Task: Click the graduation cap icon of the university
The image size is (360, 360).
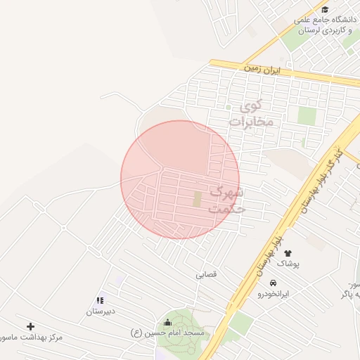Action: tap(325, 10)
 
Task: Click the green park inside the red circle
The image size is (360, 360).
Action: tap(198, 199)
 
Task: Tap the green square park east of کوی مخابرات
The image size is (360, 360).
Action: tap(307, 116)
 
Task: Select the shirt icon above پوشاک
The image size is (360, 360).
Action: tap(288, 253)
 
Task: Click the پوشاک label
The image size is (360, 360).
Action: tap(288, 263)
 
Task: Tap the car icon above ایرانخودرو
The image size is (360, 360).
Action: tap(263, 283)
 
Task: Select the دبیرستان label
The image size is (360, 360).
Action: tap(101, 311)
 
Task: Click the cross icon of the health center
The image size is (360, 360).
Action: tap(30, 326)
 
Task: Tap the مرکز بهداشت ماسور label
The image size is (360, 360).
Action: tap(32, 337)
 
